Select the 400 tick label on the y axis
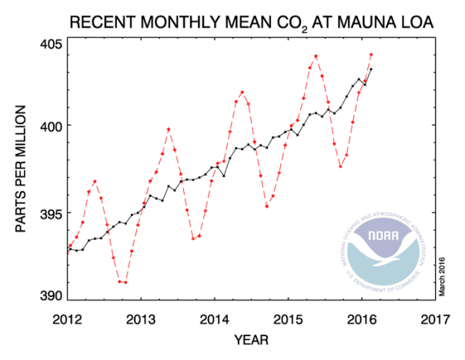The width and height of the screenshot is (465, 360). point(52,125)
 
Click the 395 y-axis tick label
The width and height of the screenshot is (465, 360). point(52,212)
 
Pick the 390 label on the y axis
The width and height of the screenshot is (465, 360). point(52,296)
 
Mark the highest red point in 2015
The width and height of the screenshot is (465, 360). point(316,56)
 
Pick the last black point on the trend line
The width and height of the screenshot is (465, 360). point(371,69)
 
